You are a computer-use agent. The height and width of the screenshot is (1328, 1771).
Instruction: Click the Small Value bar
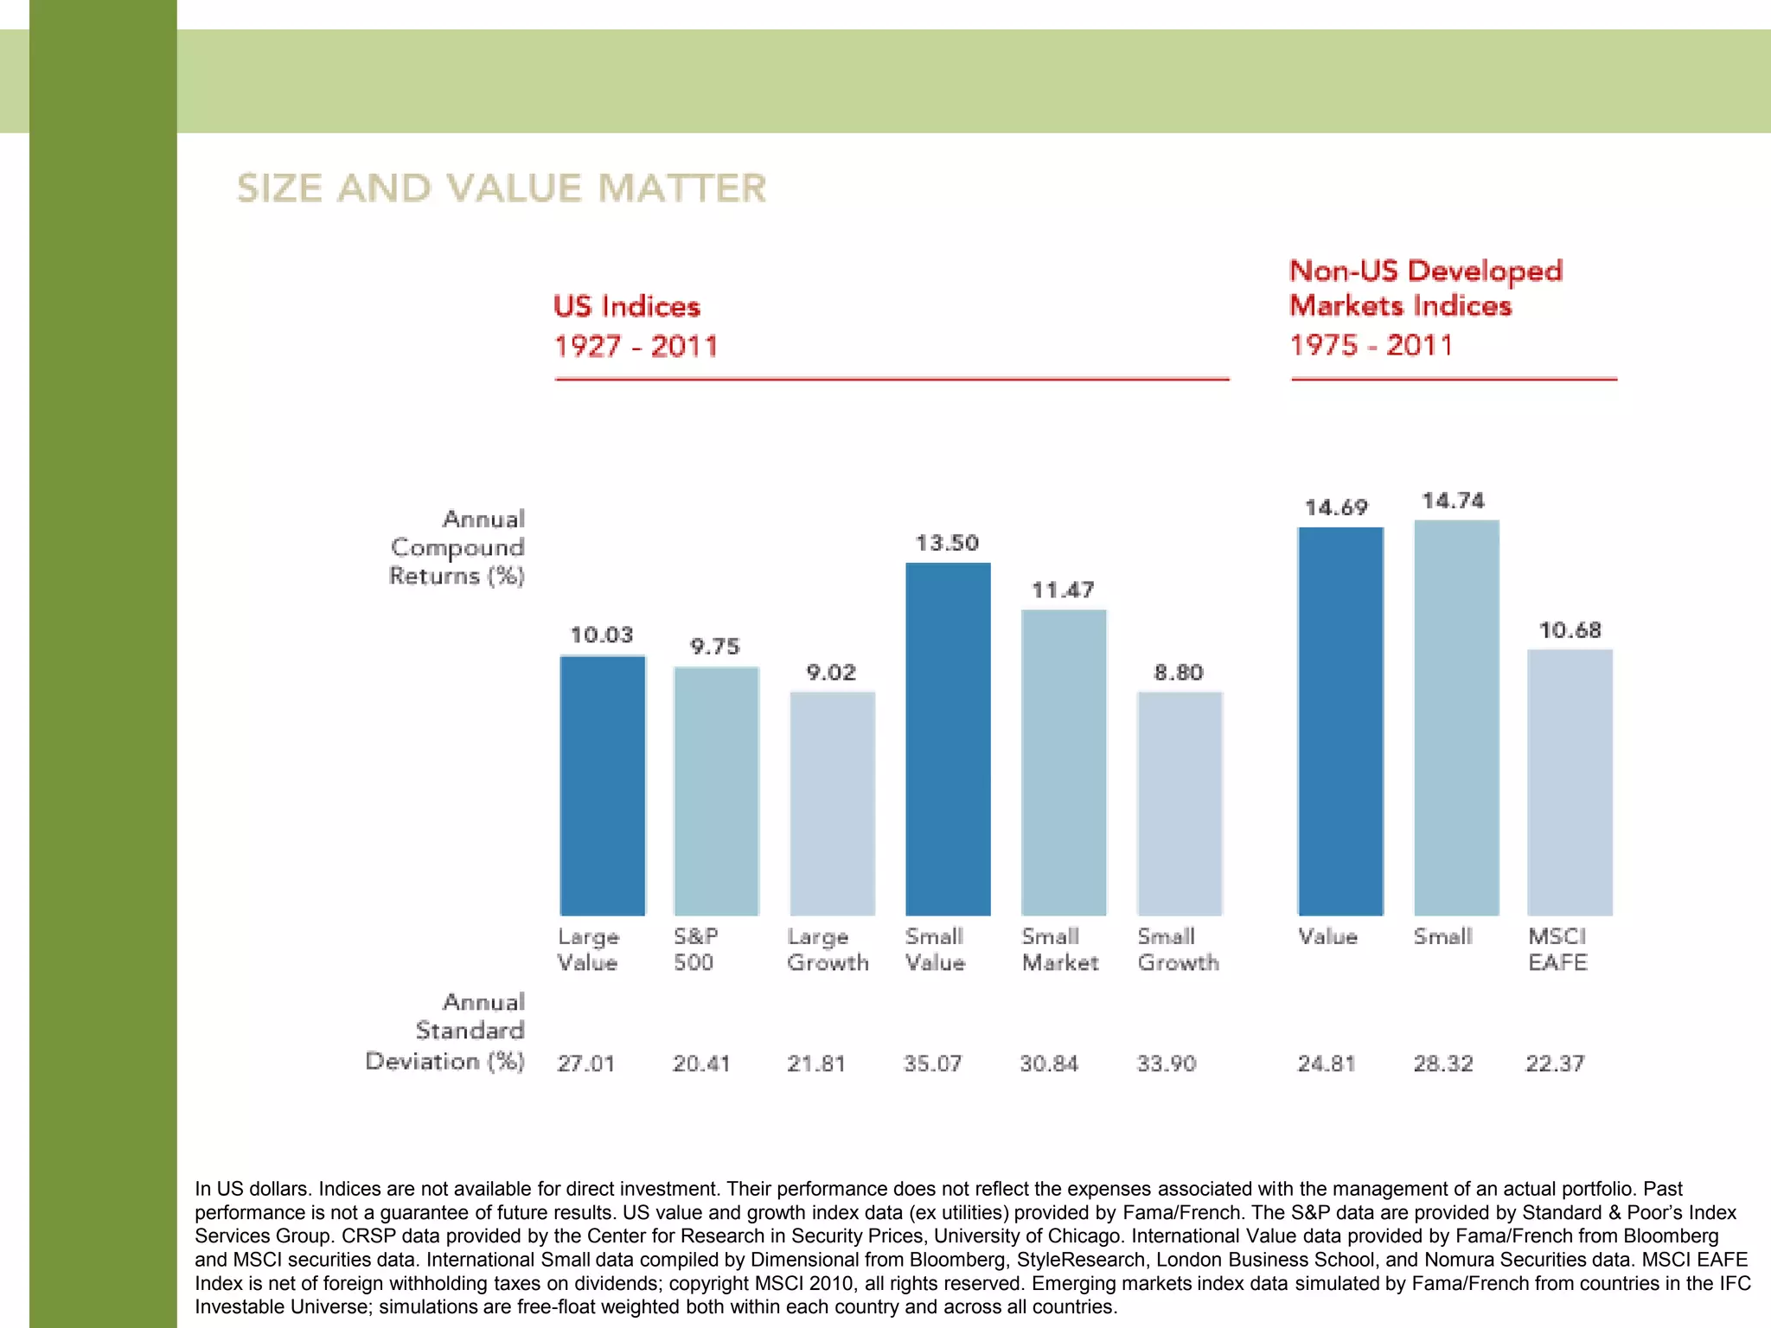pos(948,739)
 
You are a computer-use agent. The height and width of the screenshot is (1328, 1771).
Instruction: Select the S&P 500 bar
pos(716,791)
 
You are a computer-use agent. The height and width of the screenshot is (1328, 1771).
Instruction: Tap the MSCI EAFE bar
pos(1570,782)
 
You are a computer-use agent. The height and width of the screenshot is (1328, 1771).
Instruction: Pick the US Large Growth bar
pos(832,804)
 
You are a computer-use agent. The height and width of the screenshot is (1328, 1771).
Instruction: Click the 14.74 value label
pos(1453,501)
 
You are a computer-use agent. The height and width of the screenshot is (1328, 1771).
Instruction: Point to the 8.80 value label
pos(1178,673)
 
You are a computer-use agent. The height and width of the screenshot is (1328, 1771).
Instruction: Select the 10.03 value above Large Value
pos(601,635)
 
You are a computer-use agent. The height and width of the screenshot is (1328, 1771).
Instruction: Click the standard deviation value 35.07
pos(932,1063)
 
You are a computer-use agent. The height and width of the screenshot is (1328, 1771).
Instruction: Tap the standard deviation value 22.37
pos(1554,1063)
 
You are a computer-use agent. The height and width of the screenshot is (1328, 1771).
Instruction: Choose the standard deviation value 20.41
pos(701,1063)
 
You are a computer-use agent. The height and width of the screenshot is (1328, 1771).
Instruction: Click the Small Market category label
pos(1059,949)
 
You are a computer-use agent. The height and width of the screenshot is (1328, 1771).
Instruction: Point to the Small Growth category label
pos(1178,949)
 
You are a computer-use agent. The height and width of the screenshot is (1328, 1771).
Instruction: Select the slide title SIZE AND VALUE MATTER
pos(502,188)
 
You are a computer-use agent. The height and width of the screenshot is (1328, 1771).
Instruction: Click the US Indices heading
pos(626,307)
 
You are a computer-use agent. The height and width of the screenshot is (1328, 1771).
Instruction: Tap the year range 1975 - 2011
pos(1371,345)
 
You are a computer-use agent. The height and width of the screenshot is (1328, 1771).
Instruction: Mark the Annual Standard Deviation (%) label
pos(445,1031)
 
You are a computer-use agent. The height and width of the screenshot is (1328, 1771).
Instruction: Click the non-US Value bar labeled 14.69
pos(1339,722)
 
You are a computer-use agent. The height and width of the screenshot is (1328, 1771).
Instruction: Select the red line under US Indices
pos(892,379)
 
